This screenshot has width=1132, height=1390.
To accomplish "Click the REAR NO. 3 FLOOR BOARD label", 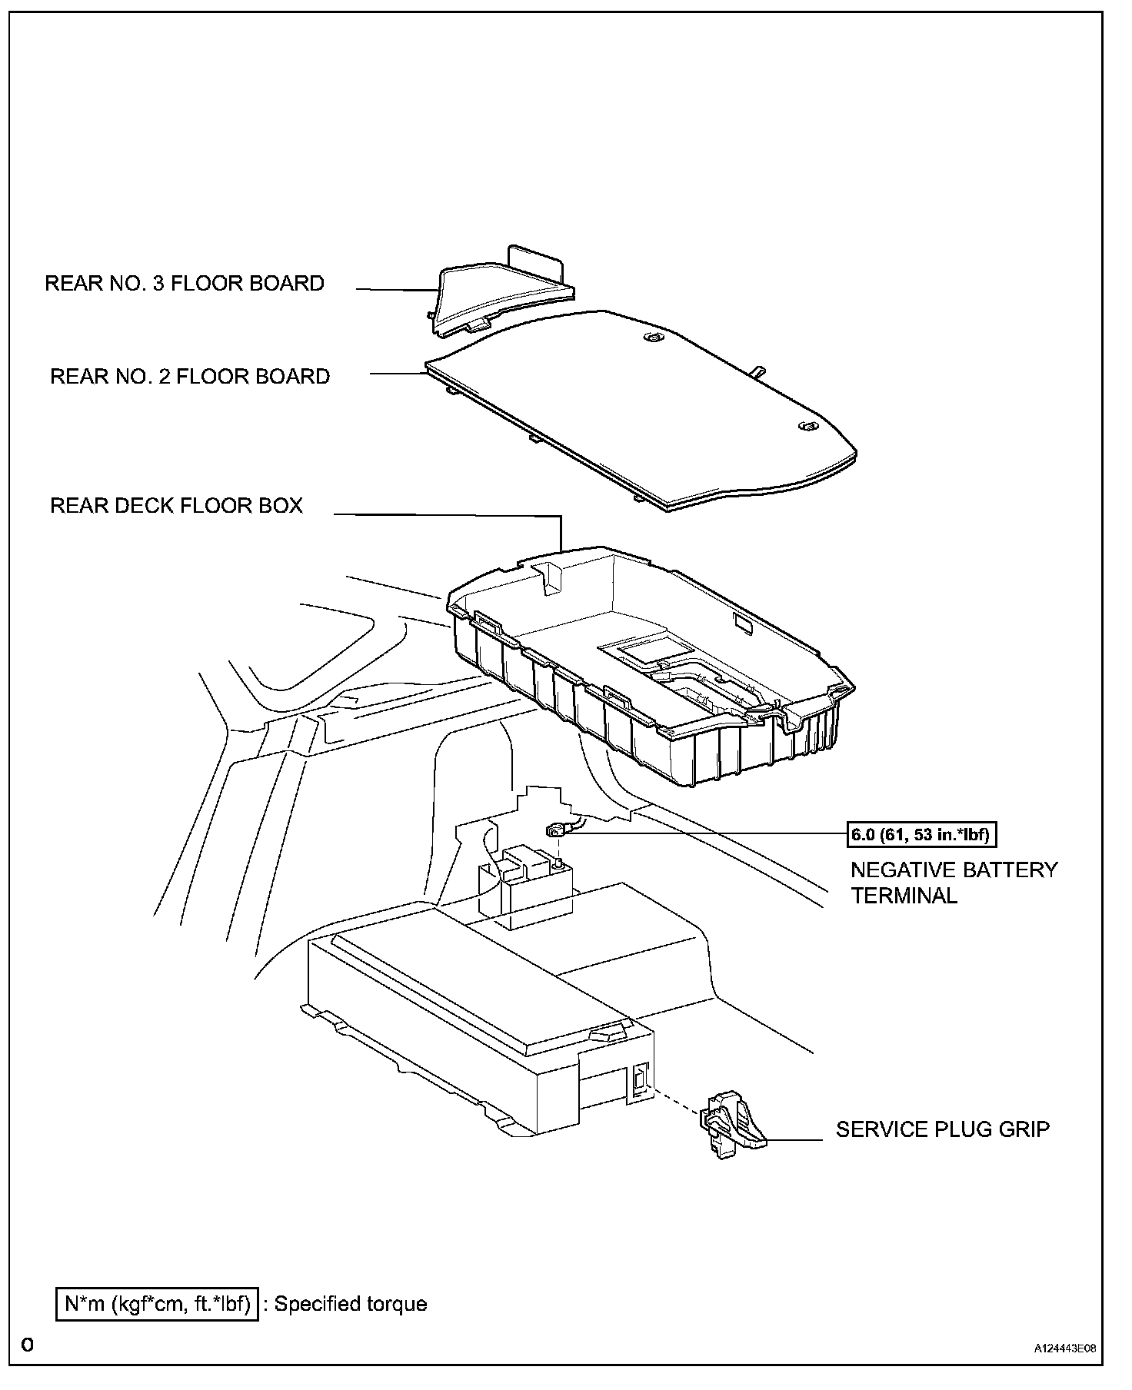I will point(185,284).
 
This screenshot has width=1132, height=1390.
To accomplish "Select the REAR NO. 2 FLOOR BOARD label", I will point(190,377).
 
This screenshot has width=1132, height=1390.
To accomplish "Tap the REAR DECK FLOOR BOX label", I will point(176,506).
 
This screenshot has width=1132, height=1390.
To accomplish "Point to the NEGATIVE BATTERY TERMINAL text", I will point(954,883).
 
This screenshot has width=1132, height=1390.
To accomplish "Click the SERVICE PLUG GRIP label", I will point(942,1129).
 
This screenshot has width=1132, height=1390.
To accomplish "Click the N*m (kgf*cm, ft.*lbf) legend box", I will point(157,1304).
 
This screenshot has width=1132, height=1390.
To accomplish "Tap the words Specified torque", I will point(350,1304).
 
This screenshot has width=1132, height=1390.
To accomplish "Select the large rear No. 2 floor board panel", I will point(646,407).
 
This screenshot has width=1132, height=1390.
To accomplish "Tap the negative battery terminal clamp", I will point(555,830).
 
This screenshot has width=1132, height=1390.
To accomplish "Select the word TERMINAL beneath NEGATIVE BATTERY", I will point(904,896).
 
